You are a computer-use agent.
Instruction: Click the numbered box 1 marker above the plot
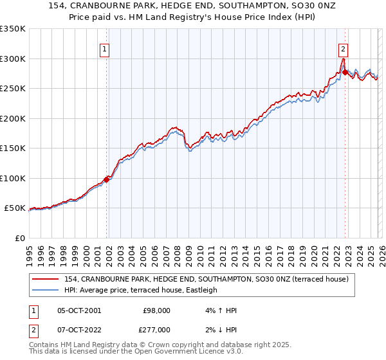(104, 48)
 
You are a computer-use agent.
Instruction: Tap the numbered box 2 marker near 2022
(344, 48)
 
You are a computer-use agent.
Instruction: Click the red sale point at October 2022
(345, 73)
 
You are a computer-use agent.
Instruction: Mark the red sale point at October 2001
(107, 179)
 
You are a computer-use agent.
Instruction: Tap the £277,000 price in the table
(156, 329)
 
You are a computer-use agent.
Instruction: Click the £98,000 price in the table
(156, 310)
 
